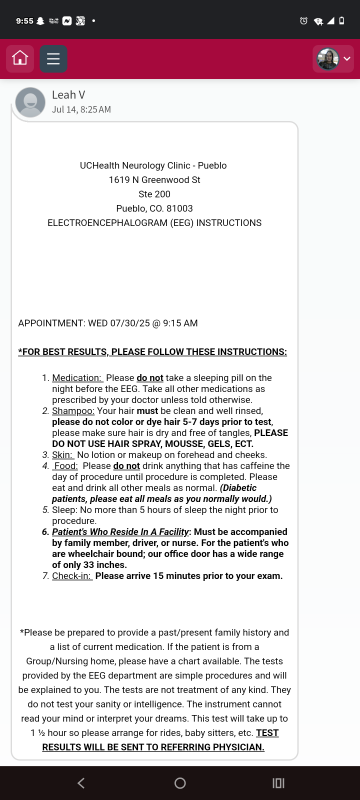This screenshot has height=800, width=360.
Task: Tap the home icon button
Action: [x=19, y=59]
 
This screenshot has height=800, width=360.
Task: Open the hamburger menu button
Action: [x=53, y=59]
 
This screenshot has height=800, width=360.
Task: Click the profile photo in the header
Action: [x=327, y=59]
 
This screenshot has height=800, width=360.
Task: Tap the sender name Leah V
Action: [x=69, y=95]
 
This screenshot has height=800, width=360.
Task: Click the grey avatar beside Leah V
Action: [x=30, y=102]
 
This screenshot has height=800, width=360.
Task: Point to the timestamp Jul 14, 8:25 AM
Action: [x=81, y=109]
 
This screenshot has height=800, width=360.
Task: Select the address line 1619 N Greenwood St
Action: [x=155, y=180]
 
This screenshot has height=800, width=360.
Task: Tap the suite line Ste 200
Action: [x=155, y=194]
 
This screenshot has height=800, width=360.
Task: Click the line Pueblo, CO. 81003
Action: [x=155, y=208]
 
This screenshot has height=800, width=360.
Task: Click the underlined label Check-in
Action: [x=71, y=575]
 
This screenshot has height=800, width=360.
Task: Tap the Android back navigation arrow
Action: [x=81, y=783]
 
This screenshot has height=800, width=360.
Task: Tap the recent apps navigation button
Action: [x=278, y=783]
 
